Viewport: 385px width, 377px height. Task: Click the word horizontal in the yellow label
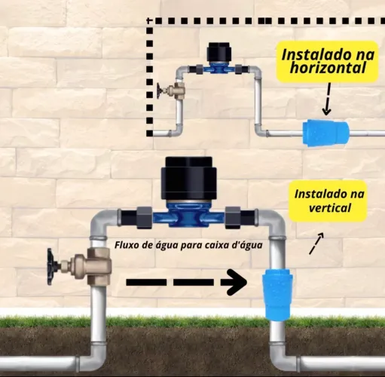coord(328,67)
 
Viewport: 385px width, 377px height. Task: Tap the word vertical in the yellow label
coord(329,208)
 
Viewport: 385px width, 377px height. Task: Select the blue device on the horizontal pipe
coord(325,133)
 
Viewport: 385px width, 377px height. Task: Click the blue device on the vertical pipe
coord(277,293)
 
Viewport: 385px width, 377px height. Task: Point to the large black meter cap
coord(188,178)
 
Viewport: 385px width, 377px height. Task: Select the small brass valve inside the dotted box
coord(175,89)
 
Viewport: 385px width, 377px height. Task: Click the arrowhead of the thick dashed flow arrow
coord(236,282)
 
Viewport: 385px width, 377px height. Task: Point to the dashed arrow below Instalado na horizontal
coord(327,99)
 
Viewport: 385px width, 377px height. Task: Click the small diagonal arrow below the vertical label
coord(316,244)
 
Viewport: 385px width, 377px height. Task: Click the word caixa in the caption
coord(221,245)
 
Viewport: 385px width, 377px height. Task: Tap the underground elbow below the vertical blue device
coord(284,357)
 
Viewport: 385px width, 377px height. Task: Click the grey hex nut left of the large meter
coord(144,217)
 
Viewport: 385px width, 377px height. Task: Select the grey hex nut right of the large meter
coord(233,217)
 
